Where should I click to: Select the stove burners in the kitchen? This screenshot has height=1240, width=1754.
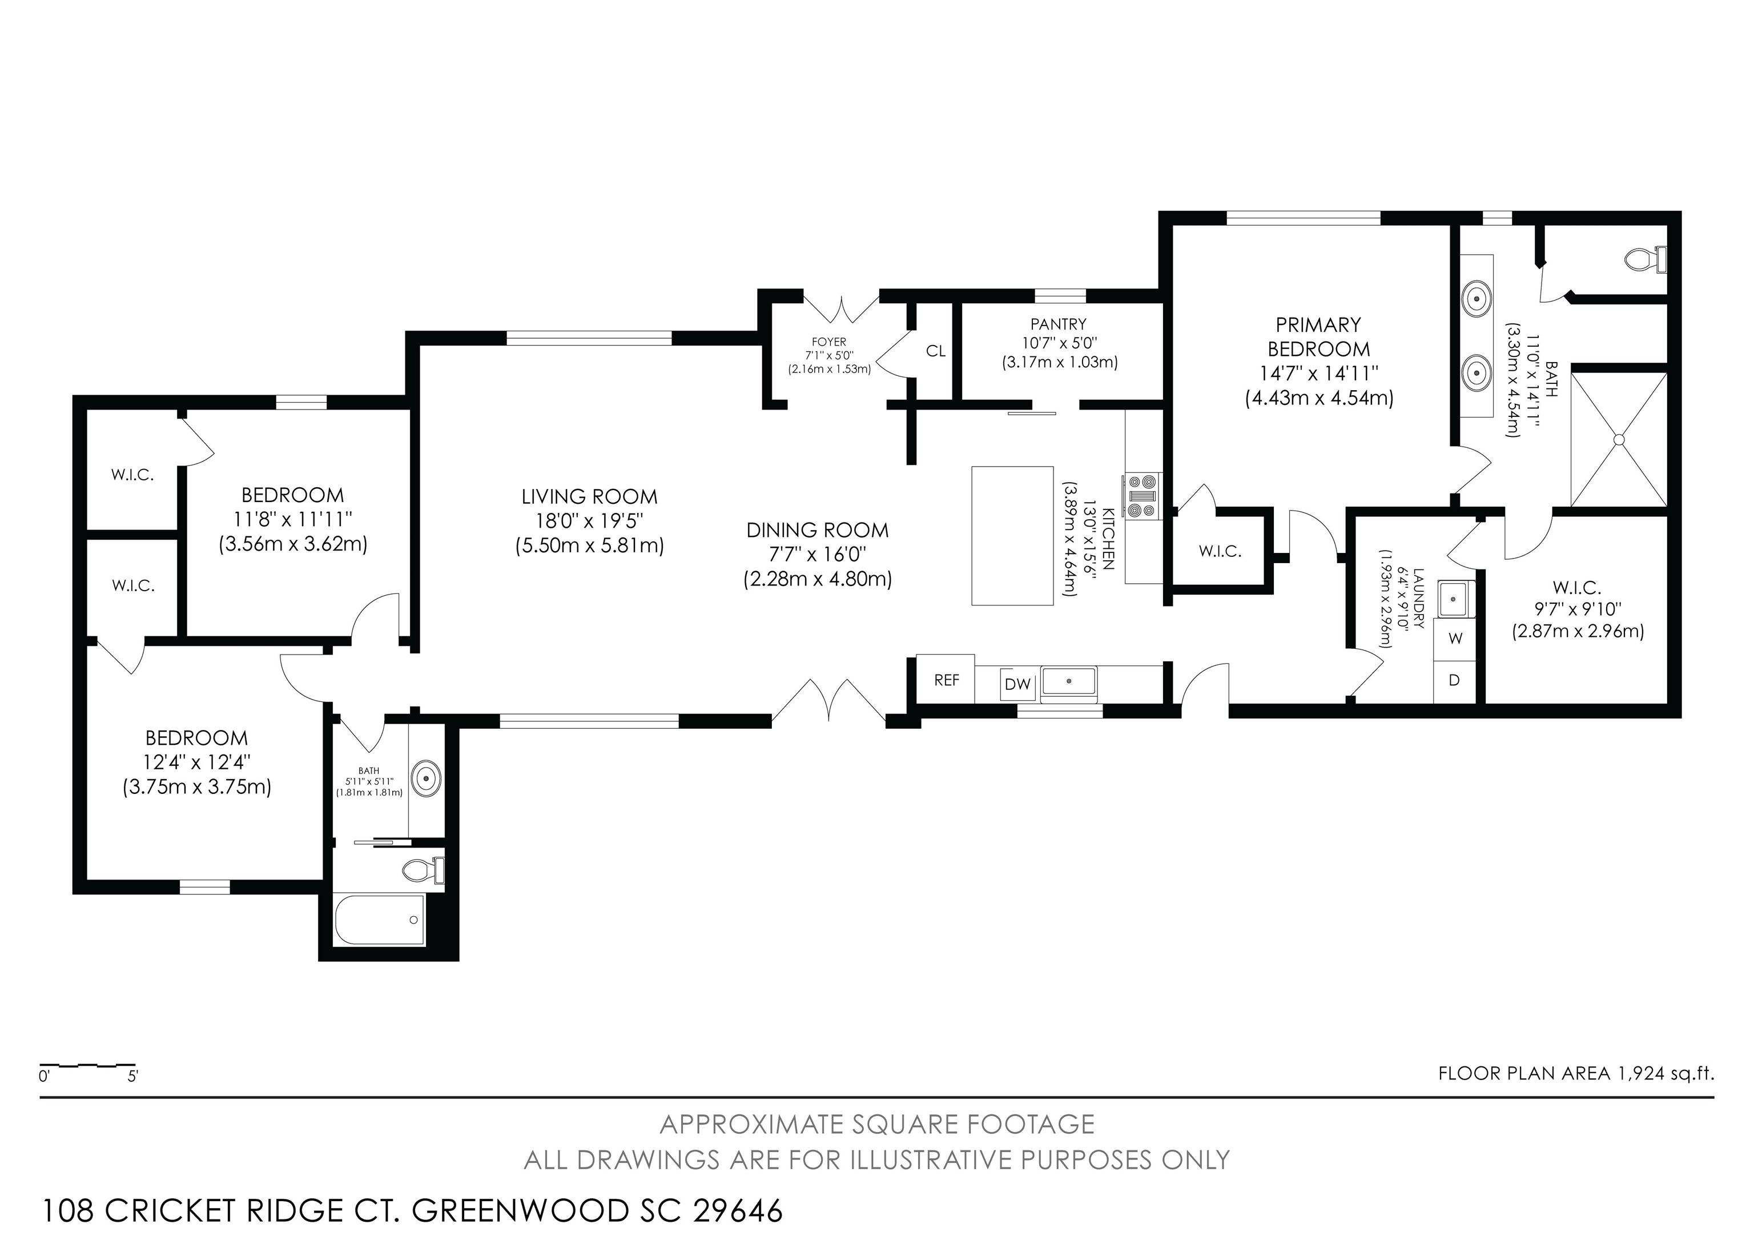click(x=1141, y=496)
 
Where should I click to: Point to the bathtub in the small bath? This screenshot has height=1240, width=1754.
click(x=380, y=920)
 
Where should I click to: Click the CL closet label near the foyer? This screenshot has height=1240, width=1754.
click(x=936, y=351)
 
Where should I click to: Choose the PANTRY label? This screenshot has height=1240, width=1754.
click(x=1058, y=324)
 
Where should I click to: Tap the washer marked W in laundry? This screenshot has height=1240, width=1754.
click(x=1455, y=639)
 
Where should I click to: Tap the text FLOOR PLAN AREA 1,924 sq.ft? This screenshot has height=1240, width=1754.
click(x=1576, y=1073)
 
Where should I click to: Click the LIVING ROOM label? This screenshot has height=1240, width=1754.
click(x=589, y=496)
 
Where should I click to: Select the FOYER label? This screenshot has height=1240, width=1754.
click(x=829, y=342)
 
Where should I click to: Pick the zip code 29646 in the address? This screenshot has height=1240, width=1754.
click(x=737, y=1211)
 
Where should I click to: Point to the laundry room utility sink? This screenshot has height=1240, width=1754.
click(x=1455, y=598)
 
